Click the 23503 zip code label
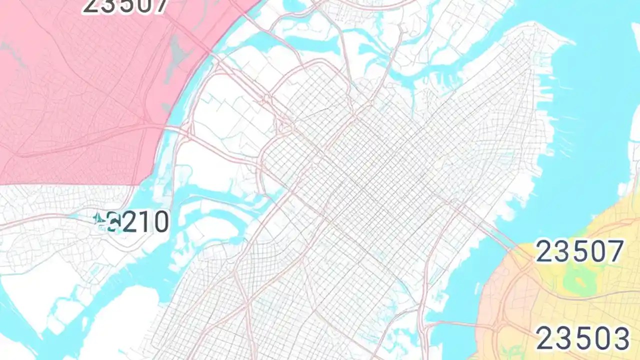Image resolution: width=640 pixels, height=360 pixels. [582, 338]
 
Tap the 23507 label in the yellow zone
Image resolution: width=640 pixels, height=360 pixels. [579, 251]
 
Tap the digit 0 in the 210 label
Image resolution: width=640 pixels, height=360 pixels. [161, 223]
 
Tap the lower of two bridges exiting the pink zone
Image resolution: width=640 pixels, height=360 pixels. [172, 131]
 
